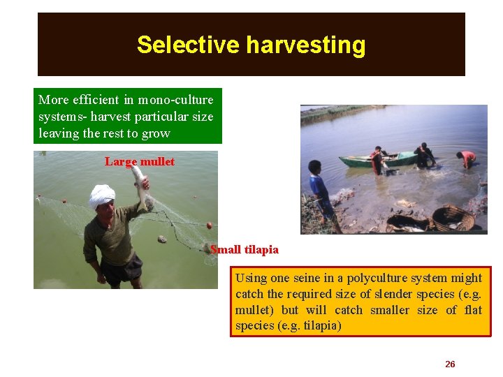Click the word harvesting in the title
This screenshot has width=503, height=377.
(x=305, y=45)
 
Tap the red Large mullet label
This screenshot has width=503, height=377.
(x=140, y=161)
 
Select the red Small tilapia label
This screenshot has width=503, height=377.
(x=245, y=249)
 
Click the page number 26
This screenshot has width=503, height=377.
(x=450, y=364)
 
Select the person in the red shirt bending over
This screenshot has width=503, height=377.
(x=467, y=158)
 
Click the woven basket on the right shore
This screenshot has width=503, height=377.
(x=452, y=217)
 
